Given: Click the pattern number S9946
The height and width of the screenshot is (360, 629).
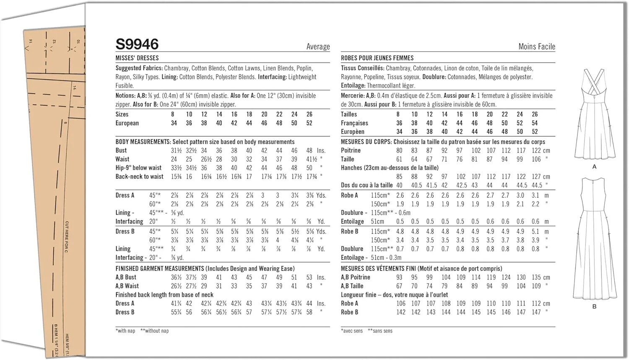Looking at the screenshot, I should pos(137,44).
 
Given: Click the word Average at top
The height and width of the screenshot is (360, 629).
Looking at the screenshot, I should pos(318,47).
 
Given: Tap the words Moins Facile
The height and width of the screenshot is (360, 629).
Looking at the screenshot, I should pos(536,47).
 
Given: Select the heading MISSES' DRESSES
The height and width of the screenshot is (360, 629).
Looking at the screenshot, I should pos(137,58).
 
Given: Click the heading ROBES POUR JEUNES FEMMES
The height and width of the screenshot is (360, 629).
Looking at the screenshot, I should pos(377,58).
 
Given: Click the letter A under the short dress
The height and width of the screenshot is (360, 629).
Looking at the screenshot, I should pos(594,167).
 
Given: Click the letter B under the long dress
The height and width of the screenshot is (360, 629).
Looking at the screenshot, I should pos(594,306).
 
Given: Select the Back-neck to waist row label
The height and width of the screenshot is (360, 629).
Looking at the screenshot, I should pos(139,177).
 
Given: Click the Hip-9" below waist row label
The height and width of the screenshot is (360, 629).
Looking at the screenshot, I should pos(138,168).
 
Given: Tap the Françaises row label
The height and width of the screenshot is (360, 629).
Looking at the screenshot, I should pos(354,123).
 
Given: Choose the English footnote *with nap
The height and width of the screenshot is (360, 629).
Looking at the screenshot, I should pos(125,331).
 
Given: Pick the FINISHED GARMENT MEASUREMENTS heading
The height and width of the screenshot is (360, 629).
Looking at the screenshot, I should pos(160,269).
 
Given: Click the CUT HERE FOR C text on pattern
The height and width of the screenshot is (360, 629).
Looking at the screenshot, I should pos(67,237).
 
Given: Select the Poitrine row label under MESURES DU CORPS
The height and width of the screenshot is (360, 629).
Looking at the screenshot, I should pos(351,150).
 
